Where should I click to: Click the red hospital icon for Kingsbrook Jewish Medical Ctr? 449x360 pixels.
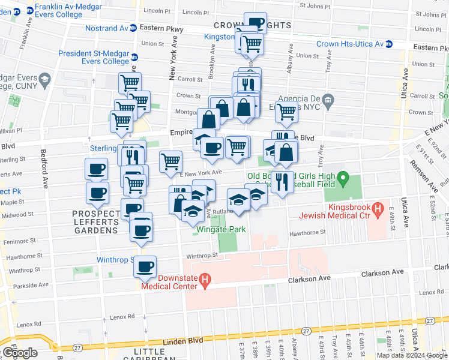(x=378, y=209)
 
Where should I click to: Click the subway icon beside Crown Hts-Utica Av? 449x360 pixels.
(x=388, y=44)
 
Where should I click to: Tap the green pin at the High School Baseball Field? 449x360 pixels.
(x=343, y=178)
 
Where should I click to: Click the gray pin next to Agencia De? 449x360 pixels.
(x=327, y=99)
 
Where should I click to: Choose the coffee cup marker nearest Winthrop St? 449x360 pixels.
(x=145, y=267)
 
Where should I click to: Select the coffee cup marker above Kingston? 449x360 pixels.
(x=255, y=23)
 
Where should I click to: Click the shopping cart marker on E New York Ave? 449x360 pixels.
(x=171, y=160)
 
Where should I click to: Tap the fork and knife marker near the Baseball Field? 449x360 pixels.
(x=280, y=181)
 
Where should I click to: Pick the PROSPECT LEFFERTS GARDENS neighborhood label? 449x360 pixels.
(x=95, y=222)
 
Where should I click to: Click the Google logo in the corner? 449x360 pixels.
(x=20, y=353)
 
